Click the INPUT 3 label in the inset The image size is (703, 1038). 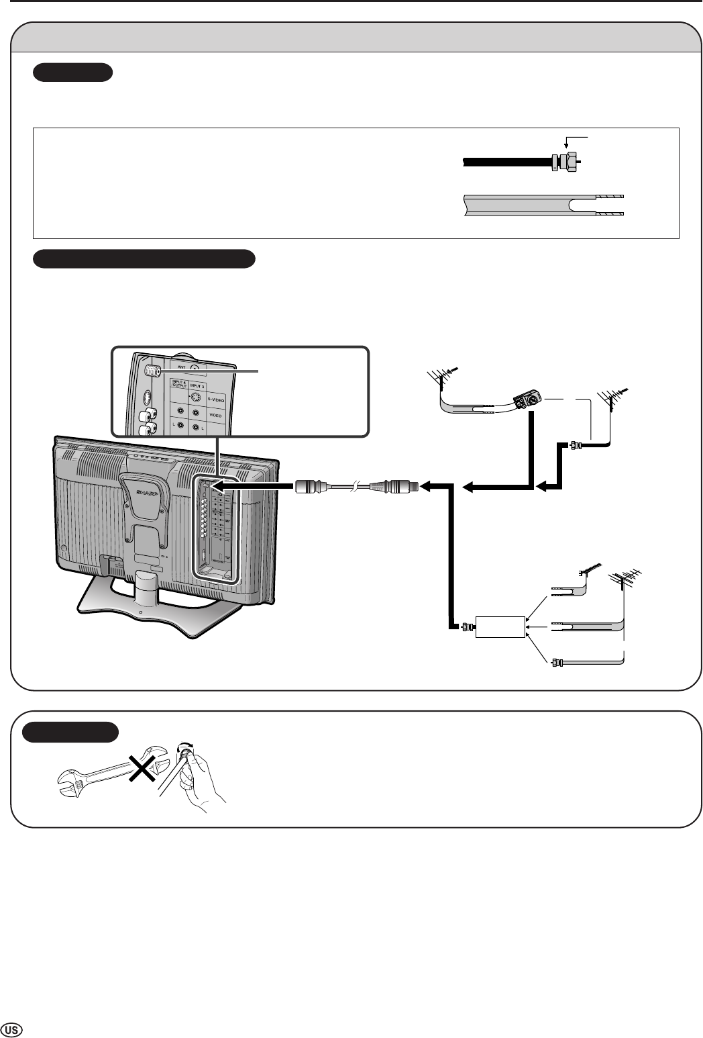point(195,385)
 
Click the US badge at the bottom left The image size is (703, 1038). point(13,1029)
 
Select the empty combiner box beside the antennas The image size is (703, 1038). point(500,626)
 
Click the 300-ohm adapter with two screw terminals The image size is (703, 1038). point(527,400)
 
